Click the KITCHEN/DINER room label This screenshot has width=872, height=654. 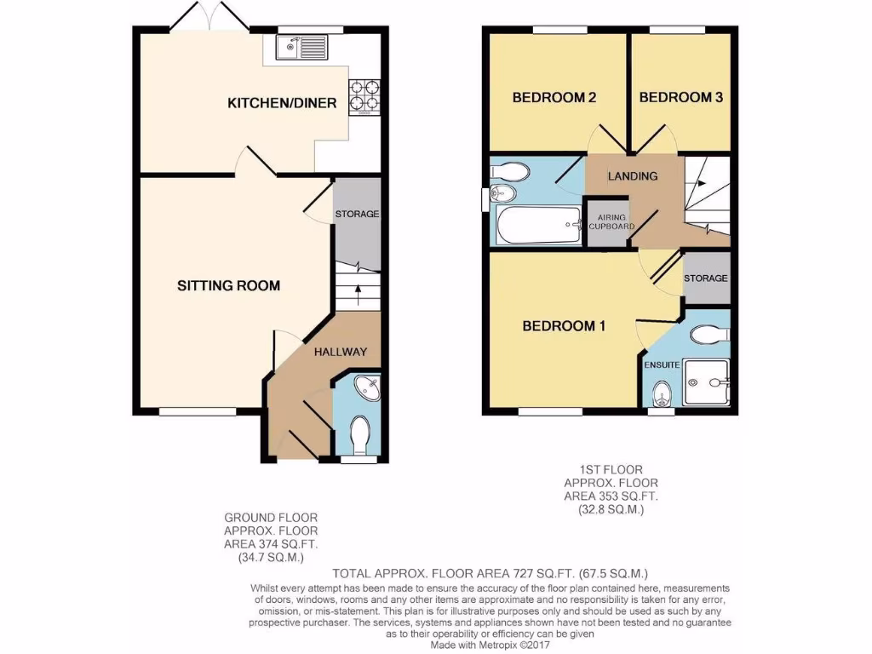[x=282, y=103]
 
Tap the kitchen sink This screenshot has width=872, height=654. [x=301, y=48]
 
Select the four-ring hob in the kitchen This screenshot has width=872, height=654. [x=364, y=97]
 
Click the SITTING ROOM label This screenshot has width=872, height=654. [x=228, y=285]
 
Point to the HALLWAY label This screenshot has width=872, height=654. [x=340, y=352]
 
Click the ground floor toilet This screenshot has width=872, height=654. [x=361, y=433]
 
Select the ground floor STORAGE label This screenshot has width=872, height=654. [x=356, y=214]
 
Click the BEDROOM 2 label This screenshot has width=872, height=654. [x=553, y=97]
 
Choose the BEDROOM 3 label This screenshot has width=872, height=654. [x=680, y=97]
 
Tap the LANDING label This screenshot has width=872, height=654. [x=632, y=176]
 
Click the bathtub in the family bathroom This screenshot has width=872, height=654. [x=536, y=226]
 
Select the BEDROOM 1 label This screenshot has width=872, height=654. [x=563, y=325]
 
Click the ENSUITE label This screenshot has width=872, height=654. [x=661, y=364]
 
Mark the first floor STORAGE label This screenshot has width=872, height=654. [x=706, y=278]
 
